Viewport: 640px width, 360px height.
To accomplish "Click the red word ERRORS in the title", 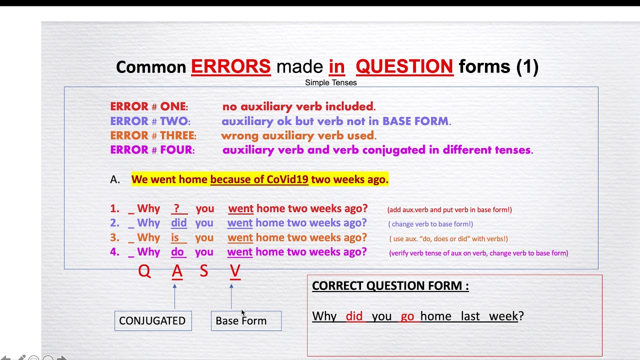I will [x=230, y=66].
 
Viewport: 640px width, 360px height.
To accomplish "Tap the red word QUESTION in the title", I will [x=404, y=66].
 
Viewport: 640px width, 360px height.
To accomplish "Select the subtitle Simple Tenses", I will [x=330, y=82].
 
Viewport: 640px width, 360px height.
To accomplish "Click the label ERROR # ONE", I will [x=148, y=106].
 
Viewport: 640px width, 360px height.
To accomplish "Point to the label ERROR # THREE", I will [x=153, y=135].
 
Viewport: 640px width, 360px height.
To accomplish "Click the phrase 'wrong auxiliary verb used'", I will [x=298, y=135].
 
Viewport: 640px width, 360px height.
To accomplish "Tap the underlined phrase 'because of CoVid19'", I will [x=259, y=179].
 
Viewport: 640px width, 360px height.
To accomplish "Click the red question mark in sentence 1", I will [x=176, y=209].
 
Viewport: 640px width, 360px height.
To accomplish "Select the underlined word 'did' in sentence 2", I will [x=178, y=223].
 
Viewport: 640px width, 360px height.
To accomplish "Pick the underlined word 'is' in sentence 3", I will [x=175, y=237].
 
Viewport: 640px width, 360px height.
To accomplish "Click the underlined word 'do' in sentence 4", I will [x=177, y=252].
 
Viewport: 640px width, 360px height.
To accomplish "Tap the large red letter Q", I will [x=144, y=271].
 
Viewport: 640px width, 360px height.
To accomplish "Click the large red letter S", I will [x=203, y=271].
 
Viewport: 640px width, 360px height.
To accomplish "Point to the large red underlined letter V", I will [x=235, y=271].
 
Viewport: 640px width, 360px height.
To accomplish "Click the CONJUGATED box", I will [x=152, y=321].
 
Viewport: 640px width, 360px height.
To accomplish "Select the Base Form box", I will [x=246, y=321].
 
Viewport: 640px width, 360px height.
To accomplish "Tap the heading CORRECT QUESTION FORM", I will [x=390, y=286].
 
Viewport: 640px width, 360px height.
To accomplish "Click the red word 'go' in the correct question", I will [x=407, y=316].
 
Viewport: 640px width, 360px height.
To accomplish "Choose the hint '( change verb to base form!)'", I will [x=430, y=224].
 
